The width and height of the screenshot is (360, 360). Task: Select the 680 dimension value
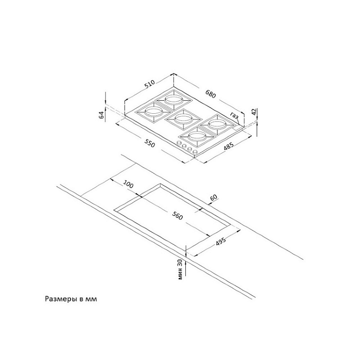[x=212, y=93]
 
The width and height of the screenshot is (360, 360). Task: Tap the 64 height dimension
[x=101, y=114]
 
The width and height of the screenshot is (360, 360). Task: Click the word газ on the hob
[x=235, y=116]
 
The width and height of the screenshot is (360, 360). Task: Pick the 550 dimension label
[x=149, y=143]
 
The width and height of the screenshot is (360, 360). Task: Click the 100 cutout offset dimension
[x=128, y=184]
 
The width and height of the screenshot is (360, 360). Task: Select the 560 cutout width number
[x=177, y=216]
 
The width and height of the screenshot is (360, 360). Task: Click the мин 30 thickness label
[x=180, y=270]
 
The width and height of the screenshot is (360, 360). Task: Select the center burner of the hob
[x=182, y=119]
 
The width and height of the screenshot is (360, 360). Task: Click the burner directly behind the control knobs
[x=197, y=137]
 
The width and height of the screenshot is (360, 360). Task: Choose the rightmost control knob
[x=195, y=153]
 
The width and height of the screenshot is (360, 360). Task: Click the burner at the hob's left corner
[x=150, y=112]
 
